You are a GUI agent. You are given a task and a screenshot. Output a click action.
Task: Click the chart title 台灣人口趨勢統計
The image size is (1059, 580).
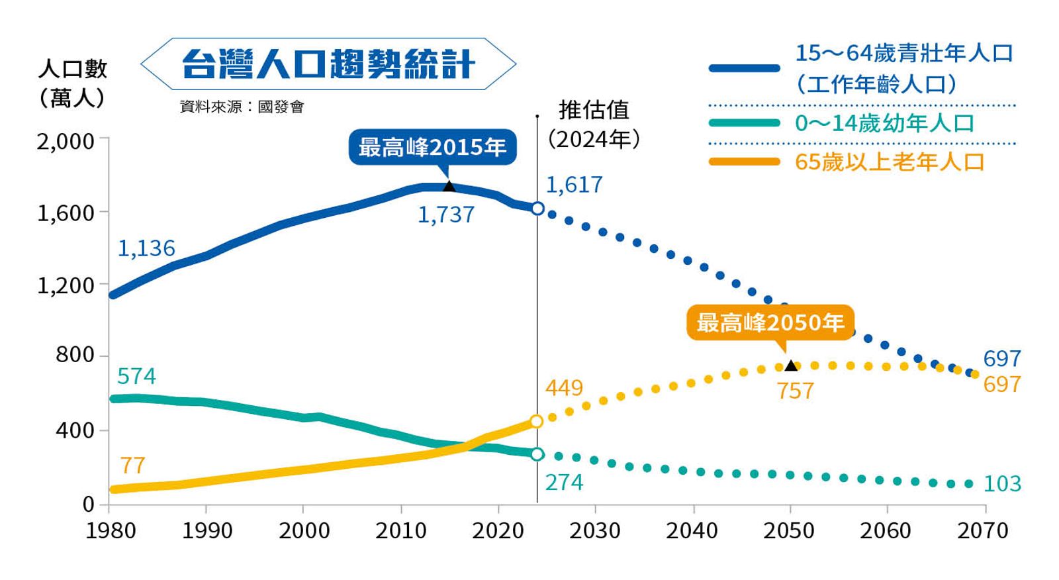328,64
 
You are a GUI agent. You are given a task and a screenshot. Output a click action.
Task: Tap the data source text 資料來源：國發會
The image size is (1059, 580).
242,106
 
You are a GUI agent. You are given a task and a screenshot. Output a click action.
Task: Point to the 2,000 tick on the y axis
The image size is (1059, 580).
66,141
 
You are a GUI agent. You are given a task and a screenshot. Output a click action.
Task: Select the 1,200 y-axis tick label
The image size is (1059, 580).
66,285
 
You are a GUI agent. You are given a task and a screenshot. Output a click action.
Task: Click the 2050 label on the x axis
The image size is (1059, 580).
789,530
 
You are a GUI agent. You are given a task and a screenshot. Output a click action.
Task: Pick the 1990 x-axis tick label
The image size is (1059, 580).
207,530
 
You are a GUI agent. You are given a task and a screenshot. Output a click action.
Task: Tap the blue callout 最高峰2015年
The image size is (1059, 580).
432,146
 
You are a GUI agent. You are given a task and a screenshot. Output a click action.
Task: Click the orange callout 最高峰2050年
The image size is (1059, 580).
770,322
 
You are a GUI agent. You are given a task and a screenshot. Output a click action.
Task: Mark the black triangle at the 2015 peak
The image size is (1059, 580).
449,186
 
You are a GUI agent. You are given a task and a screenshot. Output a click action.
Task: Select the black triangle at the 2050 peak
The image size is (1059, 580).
790,365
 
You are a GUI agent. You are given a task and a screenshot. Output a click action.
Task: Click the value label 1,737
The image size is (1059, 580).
445,215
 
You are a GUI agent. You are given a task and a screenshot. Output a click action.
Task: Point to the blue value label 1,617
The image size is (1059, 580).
574,184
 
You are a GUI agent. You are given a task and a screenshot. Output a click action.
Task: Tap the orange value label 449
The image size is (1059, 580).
564,387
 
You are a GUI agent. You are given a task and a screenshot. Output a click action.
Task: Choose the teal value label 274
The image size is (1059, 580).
564,482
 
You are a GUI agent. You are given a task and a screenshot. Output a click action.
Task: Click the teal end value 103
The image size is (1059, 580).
1002,484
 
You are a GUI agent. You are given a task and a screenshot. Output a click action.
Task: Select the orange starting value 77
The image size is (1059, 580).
132,465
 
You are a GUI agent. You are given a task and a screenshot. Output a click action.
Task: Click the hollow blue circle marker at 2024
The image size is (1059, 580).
537,209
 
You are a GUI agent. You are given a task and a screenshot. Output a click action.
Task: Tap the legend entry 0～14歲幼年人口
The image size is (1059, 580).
884,123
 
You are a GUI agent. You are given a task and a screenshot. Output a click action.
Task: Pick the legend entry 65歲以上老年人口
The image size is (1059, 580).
890,162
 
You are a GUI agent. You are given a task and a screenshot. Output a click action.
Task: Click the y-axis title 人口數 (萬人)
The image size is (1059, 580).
72,83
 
